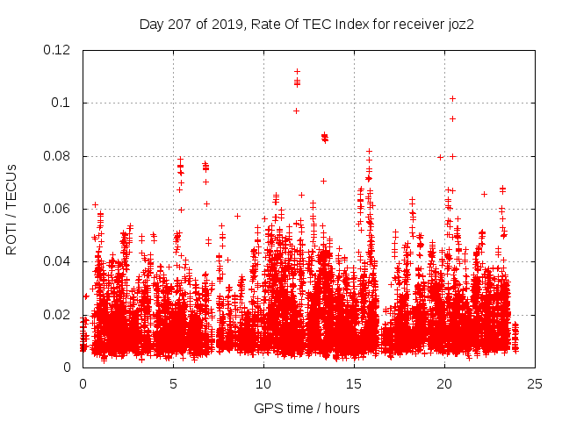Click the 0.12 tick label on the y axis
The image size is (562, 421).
click(58, 50)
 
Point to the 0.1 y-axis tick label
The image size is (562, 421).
click(61, 103)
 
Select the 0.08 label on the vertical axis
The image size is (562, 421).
click(58, 156)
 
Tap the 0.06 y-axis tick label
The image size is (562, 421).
click(58, 209)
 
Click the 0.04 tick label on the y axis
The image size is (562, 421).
click(58, 261)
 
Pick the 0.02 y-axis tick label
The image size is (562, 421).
click(58, 314)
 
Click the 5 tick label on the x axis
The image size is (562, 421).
click(173, 383)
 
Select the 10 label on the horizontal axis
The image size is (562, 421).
click(263, 383)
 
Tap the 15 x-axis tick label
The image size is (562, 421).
click(354, 383)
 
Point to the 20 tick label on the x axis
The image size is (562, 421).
click(444, 383)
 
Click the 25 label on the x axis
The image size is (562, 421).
click(535, 383)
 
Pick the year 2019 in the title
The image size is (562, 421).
click(224, 24)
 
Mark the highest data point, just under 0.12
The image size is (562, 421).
click(297, 71)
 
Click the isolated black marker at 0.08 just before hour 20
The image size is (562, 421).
click(440, 157)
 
